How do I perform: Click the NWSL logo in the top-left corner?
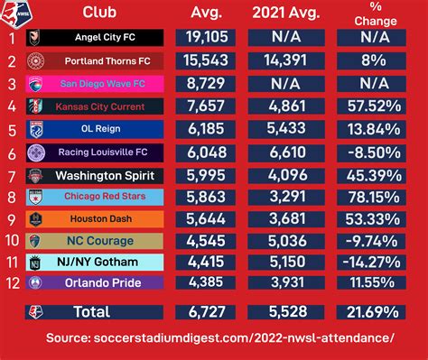[13, 13]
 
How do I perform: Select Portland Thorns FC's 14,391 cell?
[292, 61]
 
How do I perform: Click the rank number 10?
[12, 242]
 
